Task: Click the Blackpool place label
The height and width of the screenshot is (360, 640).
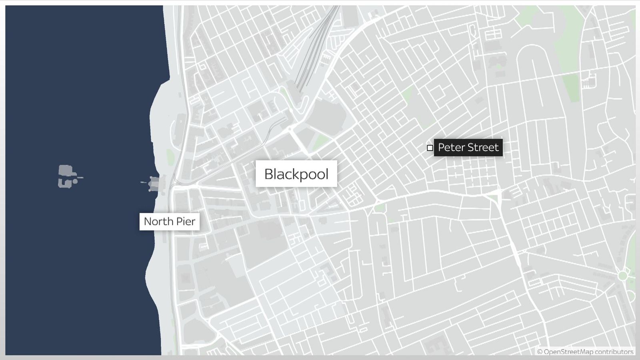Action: [x=296, y=174]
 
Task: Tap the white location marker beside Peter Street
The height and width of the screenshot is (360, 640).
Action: [x=430, y=148]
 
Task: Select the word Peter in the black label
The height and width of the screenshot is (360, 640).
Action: [x=451, y=148]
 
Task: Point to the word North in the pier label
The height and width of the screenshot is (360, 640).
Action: [x=159, y=221]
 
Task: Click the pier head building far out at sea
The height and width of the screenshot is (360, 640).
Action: [x=68, y=176]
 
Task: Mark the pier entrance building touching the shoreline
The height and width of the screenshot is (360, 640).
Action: [x=154, y=184]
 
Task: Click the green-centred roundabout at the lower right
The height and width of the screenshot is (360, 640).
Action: [x=622, y=276]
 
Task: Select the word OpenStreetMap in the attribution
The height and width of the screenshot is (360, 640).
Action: [x=568, y=352]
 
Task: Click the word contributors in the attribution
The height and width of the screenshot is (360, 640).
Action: [x=614, y=352]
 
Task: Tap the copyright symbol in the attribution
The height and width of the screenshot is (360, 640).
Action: [x=540, y=352]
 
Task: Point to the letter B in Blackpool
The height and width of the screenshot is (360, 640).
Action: [x=268, y=174]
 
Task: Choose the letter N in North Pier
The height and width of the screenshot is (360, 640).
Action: [x=148, y=221]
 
